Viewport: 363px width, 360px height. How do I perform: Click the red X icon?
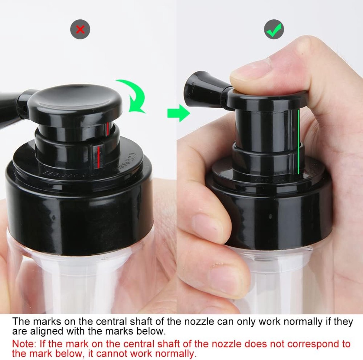(80, 29)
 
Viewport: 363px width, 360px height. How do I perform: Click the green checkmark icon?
(274, 29)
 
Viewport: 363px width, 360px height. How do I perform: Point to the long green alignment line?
(298, 142)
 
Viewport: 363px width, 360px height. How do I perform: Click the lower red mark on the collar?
(98, 157)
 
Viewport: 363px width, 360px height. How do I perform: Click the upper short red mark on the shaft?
(108, 129)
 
